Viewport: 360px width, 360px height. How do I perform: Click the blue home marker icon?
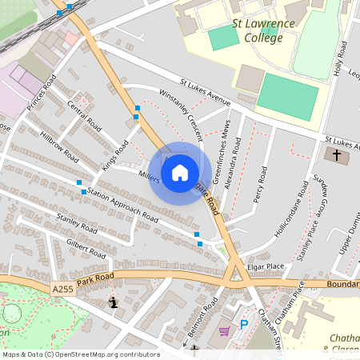coord(180,172)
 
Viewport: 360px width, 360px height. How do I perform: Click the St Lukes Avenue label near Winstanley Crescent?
coord(206,92)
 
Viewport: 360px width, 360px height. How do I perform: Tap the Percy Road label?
coord(258,185)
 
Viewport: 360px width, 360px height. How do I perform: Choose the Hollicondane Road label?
coord(292,210)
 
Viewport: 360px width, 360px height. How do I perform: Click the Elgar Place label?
coord(266,266)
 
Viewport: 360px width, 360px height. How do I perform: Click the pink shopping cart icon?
coord(225,330)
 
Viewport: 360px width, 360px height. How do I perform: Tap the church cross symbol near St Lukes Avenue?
coord(337,154)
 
